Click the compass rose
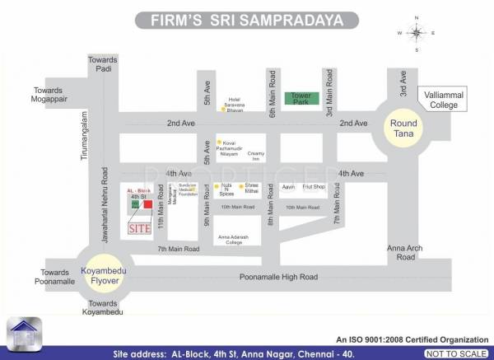coord(417,33)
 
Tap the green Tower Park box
coord(300,98)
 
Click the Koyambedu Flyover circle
coord(102,273)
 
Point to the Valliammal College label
coord(441,101)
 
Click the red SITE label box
coord(138,228)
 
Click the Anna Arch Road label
coord(405,252)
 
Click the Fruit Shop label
coord(314,187)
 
